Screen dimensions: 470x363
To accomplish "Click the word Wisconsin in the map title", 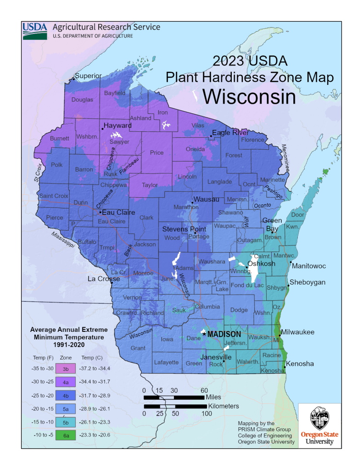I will pyautogui.click(x=249, y=96).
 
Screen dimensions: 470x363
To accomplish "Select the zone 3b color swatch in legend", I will pyautogui.click(x=65, y=369).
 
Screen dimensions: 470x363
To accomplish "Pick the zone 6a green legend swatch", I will pyautogui.click(x=65, y=434).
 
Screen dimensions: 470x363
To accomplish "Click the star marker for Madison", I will pyautogui.click(x=204, y=334).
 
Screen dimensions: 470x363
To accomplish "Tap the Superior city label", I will pyautogui.click(x=88, y=76).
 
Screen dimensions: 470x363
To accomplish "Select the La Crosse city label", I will pyautogui.click(x=104, y=279).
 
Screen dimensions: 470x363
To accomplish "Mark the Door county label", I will pyautogui.click(x=298, y=215).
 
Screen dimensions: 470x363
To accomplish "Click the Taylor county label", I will pyautogui.click(x=150, y=185).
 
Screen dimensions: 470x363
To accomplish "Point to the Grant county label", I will pyautogui.click(x=138, y=348).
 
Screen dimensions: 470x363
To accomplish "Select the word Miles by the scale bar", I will pyautogui.click(x=216, y=397).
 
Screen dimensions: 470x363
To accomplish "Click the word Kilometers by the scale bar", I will pyautogui.click(x=223, y=406).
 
